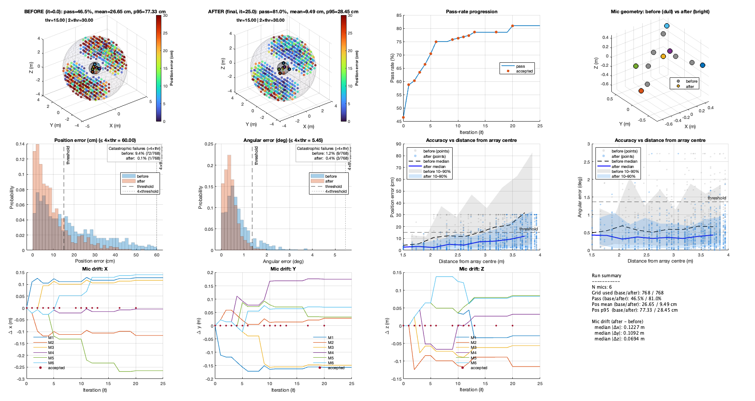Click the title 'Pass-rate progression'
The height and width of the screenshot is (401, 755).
471,11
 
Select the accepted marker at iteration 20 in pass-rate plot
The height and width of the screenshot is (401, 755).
512,26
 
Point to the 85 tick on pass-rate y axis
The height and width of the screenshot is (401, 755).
399,15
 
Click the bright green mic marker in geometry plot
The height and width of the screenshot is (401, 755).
636,66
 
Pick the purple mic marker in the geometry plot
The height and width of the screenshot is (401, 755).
670,51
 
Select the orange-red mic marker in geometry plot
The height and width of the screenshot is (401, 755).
641,91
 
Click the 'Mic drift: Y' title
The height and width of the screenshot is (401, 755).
283,269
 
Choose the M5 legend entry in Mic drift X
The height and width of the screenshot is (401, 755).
51,358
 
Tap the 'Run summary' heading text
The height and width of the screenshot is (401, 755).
606,275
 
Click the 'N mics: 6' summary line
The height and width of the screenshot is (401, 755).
602,287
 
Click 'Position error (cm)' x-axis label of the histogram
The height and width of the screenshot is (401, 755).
95,261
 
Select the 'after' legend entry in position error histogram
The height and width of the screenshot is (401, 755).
141,181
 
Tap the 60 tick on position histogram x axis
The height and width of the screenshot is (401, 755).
156,255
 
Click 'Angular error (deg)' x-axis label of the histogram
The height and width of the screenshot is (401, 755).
283,261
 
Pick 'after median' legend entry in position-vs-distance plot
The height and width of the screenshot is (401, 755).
434,167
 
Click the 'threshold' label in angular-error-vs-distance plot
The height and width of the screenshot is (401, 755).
717,198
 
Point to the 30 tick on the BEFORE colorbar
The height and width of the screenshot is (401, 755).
165,15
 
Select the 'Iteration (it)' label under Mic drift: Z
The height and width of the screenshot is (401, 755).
471,390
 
